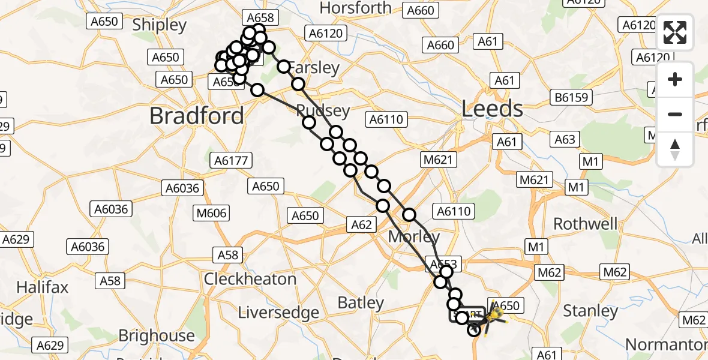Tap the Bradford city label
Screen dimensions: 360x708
click(x=197, y=115)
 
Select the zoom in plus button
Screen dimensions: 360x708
click(x=675, y=80)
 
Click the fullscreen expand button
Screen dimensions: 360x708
click(x=675, y=32)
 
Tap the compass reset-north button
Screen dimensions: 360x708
click(x=675, y=149)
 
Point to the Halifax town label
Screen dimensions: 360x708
click(x=39, y=287)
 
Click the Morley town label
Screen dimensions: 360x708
click(x=414, y=237)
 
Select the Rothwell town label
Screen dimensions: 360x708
click(x=585, y=224)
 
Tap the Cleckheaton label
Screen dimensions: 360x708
click(x=250, y=279)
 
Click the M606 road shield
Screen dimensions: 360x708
click(x=211, y=214)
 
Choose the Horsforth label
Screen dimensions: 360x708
click(x=356, y=8)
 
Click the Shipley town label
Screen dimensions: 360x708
click(x=160, y=25)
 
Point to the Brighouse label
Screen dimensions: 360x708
click(x=157, y=335)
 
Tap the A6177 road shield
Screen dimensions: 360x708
click(x=232, y=160)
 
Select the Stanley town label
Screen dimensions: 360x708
click(x=590, y=311)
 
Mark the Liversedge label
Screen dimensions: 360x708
click(x=278, y=313)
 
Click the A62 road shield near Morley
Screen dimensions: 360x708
click(x=361, y=225)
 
